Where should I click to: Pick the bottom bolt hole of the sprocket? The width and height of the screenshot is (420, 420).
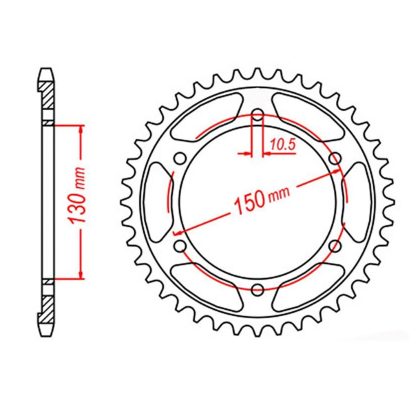pos(258,288)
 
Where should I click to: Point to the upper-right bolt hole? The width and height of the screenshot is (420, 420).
pos(335,159)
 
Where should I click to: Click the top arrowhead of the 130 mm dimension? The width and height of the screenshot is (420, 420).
pos(82,130)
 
